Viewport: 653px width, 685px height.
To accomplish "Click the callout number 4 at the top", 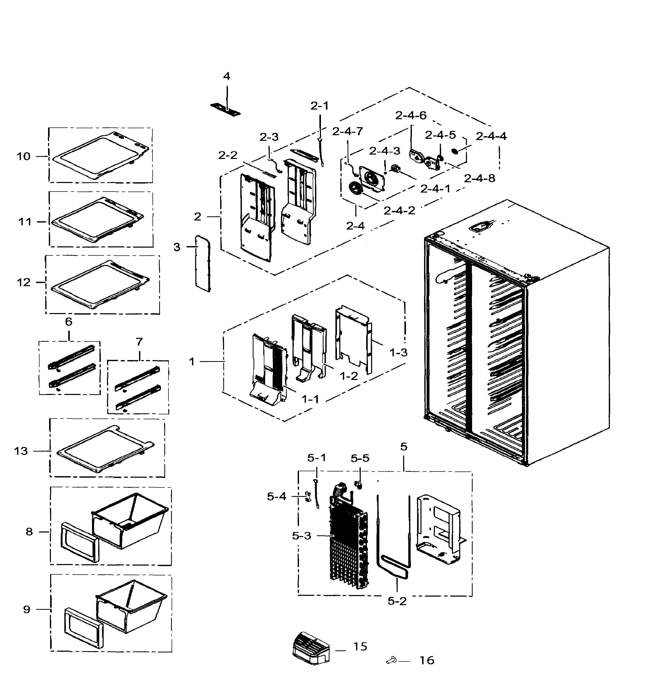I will (227, 76).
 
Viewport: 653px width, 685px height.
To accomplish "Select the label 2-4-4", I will (491, 136).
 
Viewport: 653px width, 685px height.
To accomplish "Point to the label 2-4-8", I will (479, 178).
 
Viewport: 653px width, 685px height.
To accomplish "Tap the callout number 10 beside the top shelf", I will (24, 156).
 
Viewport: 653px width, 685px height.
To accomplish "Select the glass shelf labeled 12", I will (100, 285).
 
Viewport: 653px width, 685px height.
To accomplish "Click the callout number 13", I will (21, 451).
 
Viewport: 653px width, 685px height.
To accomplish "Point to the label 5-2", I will (397, 601).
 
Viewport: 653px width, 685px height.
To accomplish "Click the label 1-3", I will (398, 353).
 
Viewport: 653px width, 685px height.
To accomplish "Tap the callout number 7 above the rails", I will (139, 342).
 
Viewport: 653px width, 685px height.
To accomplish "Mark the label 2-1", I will (320, 106).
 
